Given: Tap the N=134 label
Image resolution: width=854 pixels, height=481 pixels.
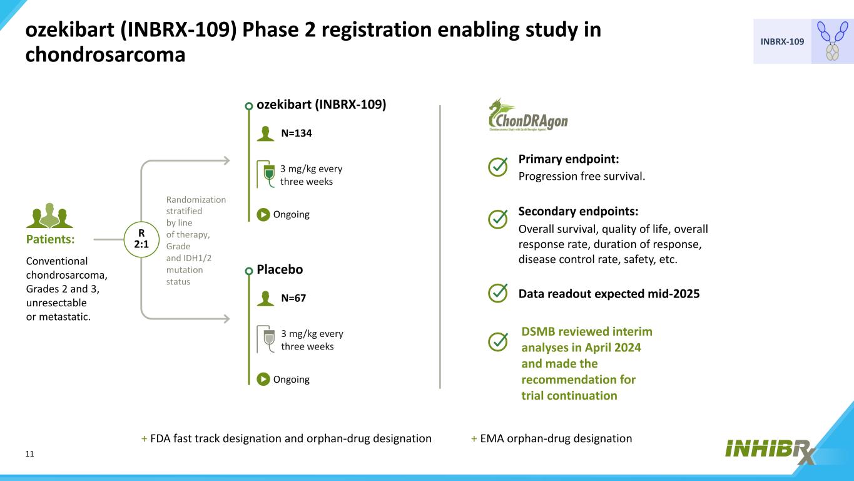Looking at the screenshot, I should pos(297,133).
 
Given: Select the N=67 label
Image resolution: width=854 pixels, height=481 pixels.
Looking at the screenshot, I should pos(293,298).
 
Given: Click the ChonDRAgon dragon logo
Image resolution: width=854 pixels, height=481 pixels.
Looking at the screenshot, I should pos(527,115).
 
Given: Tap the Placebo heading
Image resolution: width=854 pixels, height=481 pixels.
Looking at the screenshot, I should pos(280,269).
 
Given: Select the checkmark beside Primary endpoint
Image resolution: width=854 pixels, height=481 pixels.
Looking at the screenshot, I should pos(497,167).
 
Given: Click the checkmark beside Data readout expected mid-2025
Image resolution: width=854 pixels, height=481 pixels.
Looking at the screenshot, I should pos(497,293).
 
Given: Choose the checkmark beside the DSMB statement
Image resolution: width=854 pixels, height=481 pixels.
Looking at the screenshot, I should pos(497,341).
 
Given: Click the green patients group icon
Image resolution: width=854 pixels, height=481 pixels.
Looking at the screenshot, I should pos(49,216).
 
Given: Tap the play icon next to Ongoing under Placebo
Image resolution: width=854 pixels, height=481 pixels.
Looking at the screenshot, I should pos(263,379).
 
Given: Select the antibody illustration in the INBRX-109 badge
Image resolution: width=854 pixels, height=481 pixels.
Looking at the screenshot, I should pos(832,41).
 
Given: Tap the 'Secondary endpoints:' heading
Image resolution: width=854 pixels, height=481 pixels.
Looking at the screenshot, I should pos(578,211).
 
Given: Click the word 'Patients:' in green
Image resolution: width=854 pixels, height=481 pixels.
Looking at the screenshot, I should pos(50,239).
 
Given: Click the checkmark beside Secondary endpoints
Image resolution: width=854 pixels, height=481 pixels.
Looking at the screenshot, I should pos(497,219).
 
